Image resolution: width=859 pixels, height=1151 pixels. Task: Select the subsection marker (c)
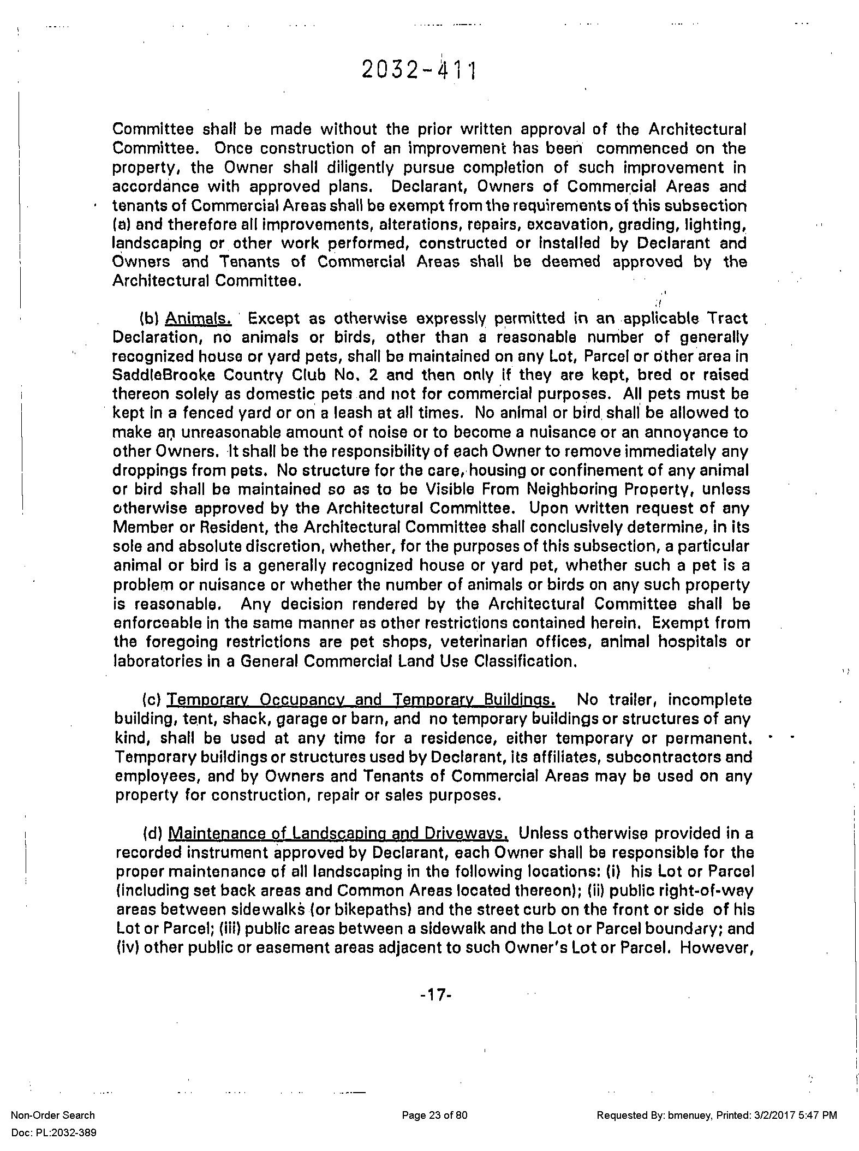(x=151, y=700)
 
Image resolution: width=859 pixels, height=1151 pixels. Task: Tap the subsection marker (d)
(x=152, y=833)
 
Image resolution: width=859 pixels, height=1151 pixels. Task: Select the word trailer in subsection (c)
(x=630, y=700)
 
